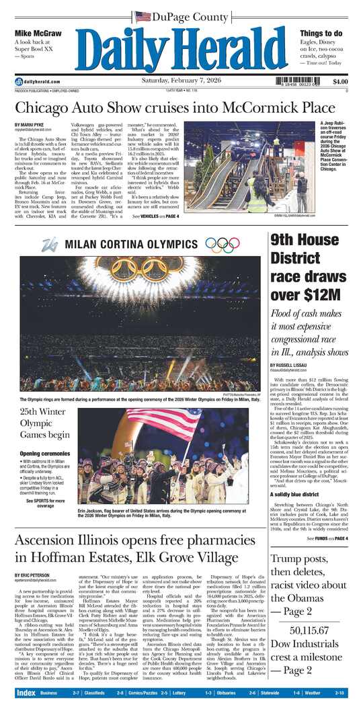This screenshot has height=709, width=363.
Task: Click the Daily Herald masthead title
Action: pyautogui.click(x=182, y=48)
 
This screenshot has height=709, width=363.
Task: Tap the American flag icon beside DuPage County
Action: pyautogui.click(x=143, y=16)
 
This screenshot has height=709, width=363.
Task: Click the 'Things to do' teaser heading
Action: pyautogui.click(x=321, y=33)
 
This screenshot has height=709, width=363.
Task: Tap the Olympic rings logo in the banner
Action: pyautogui.click(x=223, y=245)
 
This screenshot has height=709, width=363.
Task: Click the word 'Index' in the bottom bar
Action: pyautogui.click(x=26, y=692)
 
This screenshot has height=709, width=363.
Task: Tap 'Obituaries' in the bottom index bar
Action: pyautogui.click(x=231, y=692)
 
